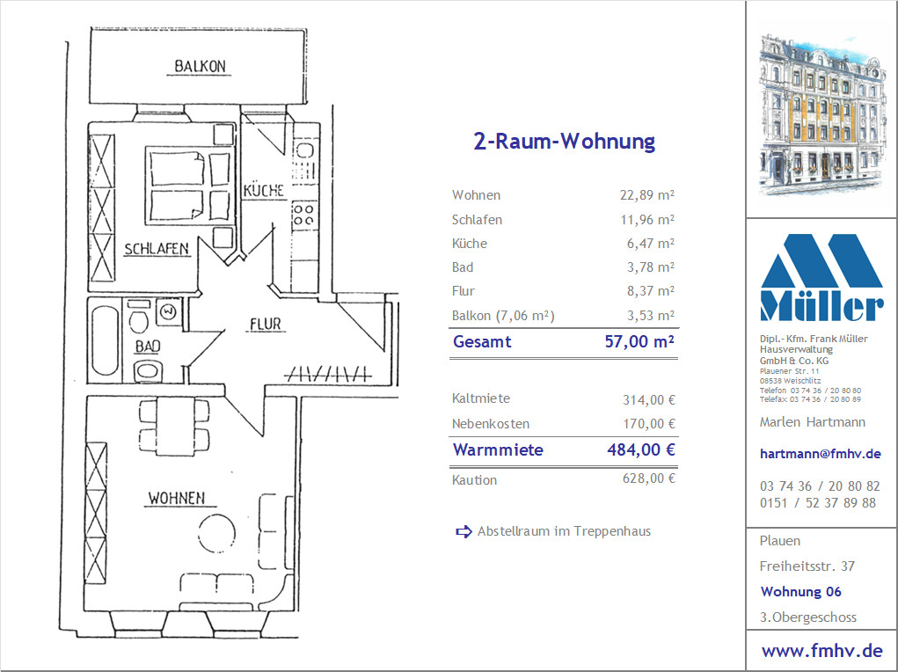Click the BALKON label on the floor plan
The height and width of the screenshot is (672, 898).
200,67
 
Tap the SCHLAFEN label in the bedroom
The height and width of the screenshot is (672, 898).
157,249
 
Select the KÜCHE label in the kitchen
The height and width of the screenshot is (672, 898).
264,190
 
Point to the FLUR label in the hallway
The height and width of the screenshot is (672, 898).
266,325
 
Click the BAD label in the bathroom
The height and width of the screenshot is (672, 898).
148,347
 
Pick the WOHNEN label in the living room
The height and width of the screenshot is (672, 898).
177,499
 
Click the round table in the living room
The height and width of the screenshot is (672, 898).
216,533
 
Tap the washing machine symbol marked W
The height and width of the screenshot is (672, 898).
168,312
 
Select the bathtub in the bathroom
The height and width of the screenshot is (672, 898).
105,341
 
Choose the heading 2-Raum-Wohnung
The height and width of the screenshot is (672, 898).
564,141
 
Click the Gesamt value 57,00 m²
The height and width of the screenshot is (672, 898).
639,341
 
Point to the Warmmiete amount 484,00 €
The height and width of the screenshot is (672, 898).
641,449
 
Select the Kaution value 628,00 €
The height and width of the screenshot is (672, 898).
649,478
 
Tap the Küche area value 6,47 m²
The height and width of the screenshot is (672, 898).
651,244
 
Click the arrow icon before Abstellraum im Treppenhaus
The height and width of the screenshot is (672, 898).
464,531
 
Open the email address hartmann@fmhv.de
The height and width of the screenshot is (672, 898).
820,454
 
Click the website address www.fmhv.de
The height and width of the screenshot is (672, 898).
821,651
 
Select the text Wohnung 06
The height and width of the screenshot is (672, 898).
800,592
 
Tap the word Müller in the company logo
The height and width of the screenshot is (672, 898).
821,306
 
